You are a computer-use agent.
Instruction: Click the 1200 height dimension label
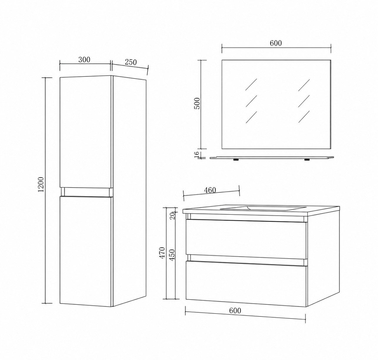coord(41,184)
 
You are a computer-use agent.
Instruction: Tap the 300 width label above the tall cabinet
coord(84,60)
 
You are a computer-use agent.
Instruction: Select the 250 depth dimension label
coord(131,62)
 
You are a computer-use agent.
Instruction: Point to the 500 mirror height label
coord(197,104)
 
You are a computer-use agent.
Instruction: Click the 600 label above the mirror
coord(276,43)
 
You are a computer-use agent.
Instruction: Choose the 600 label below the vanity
coord(235,311)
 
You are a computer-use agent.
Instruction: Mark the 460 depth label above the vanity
coord(210,190)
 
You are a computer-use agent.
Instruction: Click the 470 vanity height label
coord(162,252)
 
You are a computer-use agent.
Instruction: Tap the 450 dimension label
coord(172,255)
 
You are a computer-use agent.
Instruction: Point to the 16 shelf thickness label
coord(197,154)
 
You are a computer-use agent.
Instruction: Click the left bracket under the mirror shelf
coord(236,159)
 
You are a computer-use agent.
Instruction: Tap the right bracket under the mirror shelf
coord(307,159)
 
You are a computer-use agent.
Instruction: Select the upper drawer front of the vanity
coord(246,239)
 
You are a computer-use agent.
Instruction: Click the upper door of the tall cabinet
coord(85,131)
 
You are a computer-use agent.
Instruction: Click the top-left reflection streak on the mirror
coord(251,85)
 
